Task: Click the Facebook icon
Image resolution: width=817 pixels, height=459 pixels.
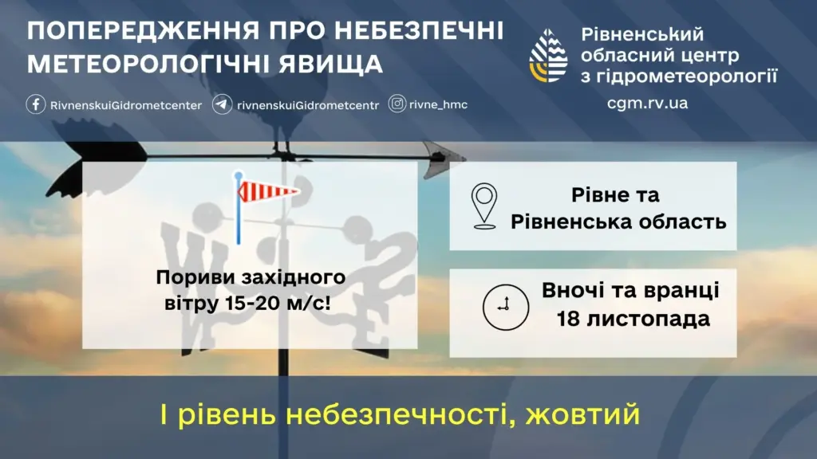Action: tap(36, 104)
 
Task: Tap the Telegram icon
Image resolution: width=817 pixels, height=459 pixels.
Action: tap(223, 104)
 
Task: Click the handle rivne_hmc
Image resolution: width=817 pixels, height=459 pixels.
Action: tap(440, 104)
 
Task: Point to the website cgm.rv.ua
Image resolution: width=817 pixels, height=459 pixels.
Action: tap(647, 104)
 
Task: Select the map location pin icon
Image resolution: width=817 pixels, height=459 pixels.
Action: tap(483, 206)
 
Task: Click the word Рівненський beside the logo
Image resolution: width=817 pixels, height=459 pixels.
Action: tap(642, 34)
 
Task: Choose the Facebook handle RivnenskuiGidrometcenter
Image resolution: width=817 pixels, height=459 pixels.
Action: tap(125, 104)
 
